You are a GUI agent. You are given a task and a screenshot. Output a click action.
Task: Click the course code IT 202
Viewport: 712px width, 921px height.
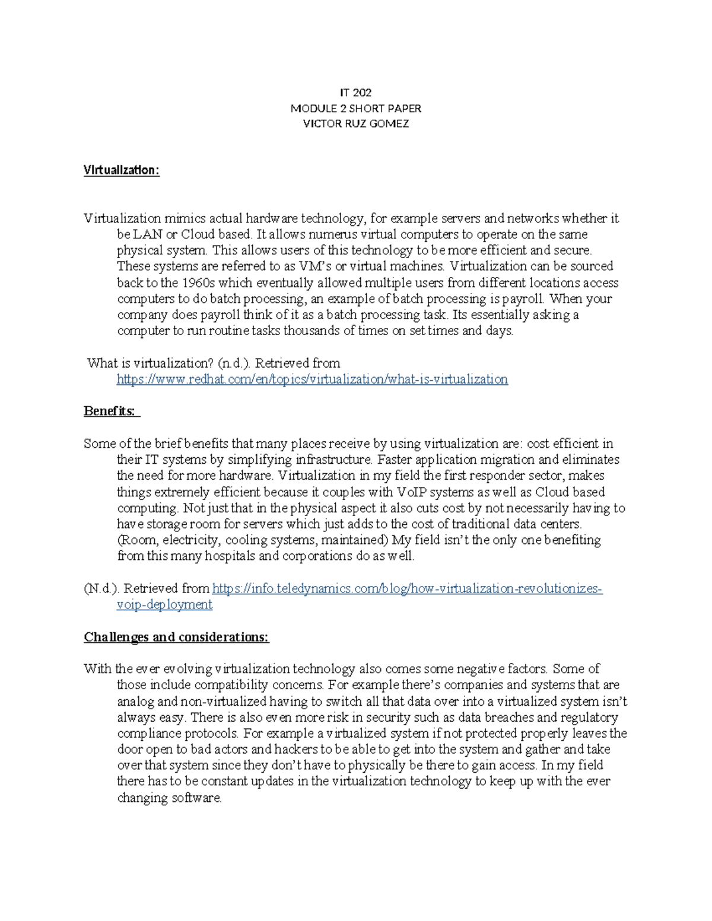pos(355,93)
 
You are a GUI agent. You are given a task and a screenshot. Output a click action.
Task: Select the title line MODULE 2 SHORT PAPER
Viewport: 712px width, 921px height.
pos(355,109)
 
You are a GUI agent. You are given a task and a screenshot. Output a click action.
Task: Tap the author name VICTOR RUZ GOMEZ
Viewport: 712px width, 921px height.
pos(355,124)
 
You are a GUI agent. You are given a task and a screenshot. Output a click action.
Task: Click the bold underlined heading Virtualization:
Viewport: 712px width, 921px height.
pos(122,170)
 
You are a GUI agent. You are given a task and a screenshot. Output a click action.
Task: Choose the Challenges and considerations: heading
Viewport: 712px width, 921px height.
pos(176,637)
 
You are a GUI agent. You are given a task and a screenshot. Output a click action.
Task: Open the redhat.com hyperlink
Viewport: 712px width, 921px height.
pos(312,379)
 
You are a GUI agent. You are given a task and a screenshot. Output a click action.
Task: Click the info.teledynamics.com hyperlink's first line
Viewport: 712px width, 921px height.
pos(407,588)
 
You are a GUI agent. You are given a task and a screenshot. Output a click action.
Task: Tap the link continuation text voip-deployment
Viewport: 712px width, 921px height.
pos(164,604)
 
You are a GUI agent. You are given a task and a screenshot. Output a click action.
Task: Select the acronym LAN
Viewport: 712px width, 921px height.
pos(148,234)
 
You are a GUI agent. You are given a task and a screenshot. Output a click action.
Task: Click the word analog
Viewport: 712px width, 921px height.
pos(136,702)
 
